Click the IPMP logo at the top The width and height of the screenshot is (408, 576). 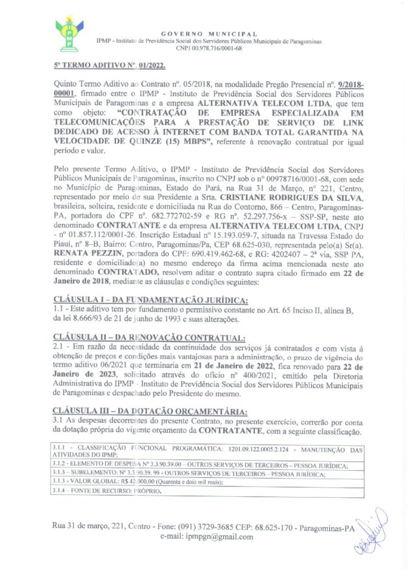(69, 33)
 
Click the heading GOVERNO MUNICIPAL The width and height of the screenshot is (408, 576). (209, 34)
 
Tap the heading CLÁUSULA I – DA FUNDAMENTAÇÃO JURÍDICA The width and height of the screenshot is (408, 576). (150, 298)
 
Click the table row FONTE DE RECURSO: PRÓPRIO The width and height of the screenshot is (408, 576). (106, 491)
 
